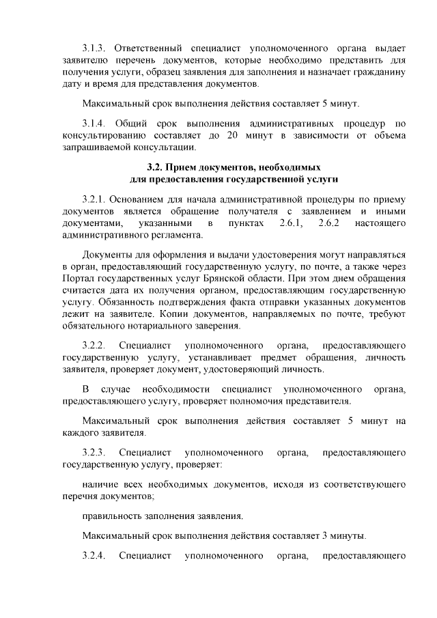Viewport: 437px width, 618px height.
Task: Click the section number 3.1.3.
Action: pos(94,48)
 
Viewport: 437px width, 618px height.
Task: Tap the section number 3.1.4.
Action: pos(94,123)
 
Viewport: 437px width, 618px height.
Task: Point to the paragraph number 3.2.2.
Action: pos(94,346)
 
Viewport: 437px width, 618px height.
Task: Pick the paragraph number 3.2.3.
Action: pos(94,452)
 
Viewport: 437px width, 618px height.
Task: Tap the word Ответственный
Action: pos(147,48)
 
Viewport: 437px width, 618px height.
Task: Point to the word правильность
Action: pos(113,516)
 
